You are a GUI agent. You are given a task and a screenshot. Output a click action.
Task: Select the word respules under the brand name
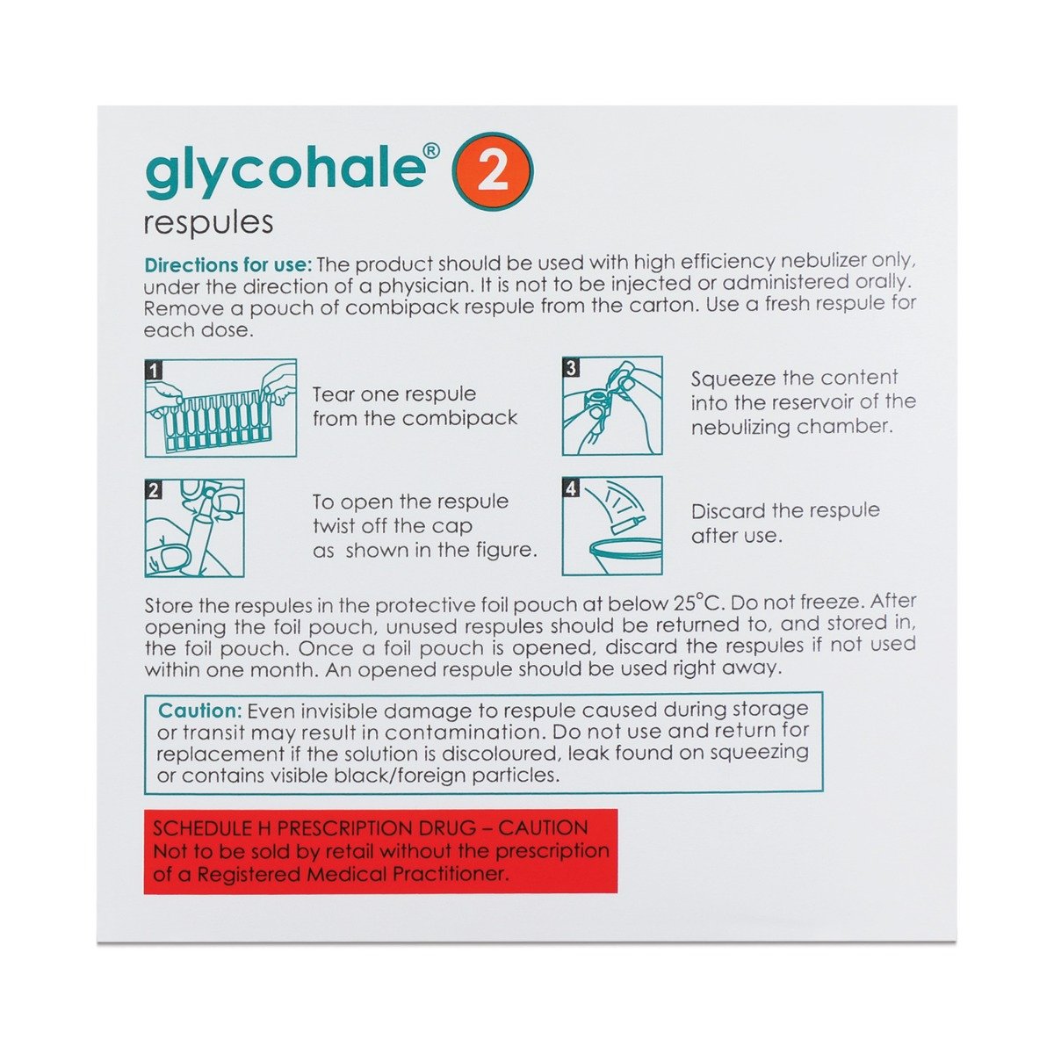click(x=208, y=222)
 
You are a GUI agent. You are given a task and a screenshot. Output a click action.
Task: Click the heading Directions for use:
click(x=227, y=263)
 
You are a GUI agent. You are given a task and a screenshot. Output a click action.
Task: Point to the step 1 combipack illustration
click(x=220, y=408)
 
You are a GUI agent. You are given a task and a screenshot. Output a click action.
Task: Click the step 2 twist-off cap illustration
click(x=194, y=527)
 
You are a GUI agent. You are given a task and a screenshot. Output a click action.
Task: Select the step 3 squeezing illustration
click(x=612, y=406)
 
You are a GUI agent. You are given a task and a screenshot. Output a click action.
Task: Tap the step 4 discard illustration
click(x=612, y=525)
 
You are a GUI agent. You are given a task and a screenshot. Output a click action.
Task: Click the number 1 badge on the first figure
click(x=155, y=370)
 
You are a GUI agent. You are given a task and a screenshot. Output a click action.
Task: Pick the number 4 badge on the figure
click(x=572, y=488)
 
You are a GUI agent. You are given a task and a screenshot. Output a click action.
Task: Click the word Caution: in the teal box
click(x=199, y=711)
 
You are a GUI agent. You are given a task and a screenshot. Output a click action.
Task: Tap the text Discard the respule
click(x=784, y=511)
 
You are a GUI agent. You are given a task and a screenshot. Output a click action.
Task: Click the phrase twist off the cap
click(x=393, y=526)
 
